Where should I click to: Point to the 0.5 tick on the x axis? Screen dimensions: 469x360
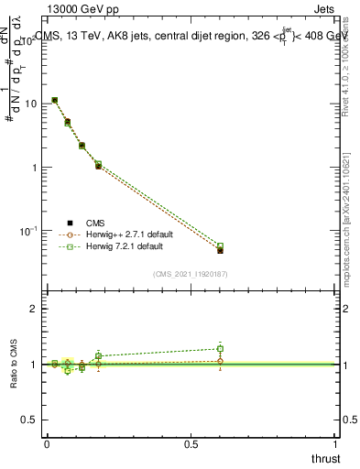pyautogui.click(x=191, y=444)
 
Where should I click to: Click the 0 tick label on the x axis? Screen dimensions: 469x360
pyautogui.click(x=46, y=444)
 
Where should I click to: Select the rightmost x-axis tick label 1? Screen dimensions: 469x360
pyautogui.click(x=335, y=444)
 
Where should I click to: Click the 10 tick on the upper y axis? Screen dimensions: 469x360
pyautogui.click(x=30, y=104)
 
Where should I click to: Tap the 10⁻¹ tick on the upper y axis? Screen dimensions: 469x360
pyautogui.click(x=28, y=231)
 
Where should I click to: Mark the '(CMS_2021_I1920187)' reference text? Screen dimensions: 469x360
pyautogui.click(x=191, y=274)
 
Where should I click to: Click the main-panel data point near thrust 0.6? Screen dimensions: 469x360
pyautogui.click(x=220, y=248)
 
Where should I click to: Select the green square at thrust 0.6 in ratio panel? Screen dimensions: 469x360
pyautogui.click(x=220, y=349)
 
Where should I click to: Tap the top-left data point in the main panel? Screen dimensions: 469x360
pyautogui.click(x=55, y=100)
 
